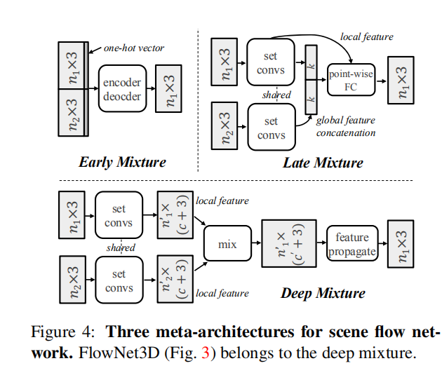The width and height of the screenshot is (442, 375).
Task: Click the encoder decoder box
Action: click(121, 88)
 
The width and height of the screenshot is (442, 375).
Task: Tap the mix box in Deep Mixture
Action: click(227, 245)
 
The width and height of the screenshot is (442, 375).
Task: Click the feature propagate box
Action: click(351, 245)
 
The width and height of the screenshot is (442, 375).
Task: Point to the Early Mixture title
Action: click(122, 162)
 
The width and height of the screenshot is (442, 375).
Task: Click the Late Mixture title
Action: click(323, 163)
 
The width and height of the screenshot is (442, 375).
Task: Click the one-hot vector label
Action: click(134, 48)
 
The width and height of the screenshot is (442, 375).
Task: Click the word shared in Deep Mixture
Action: click(120, 247)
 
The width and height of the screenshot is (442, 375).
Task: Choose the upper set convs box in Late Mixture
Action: click(271, 63)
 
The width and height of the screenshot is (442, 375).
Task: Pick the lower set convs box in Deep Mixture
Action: click(119, 281)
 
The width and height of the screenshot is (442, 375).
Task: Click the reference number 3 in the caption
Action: click(206, 353)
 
